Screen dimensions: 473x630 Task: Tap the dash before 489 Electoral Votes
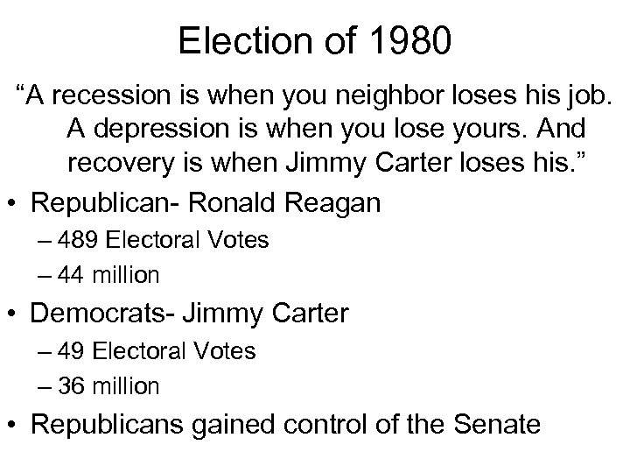pos(46,240)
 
